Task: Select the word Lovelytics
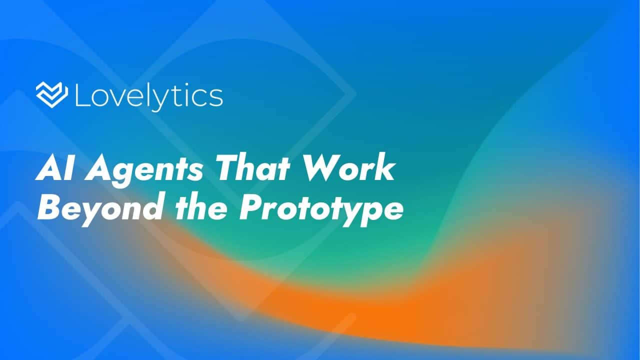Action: [x=148, y=96]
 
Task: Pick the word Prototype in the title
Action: [x=320, y=209]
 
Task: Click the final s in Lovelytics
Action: [x=216, y=98]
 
